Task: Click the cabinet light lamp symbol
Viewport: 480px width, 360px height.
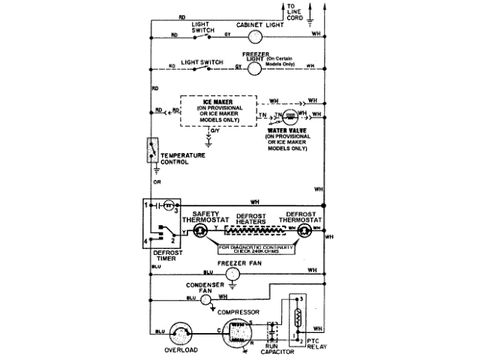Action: click(x=256, y=35)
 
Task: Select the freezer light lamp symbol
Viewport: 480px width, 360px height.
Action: click(x=256, y=67)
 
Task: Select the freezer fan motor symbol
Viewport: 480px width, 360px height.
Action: click(x=232, y=275)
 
